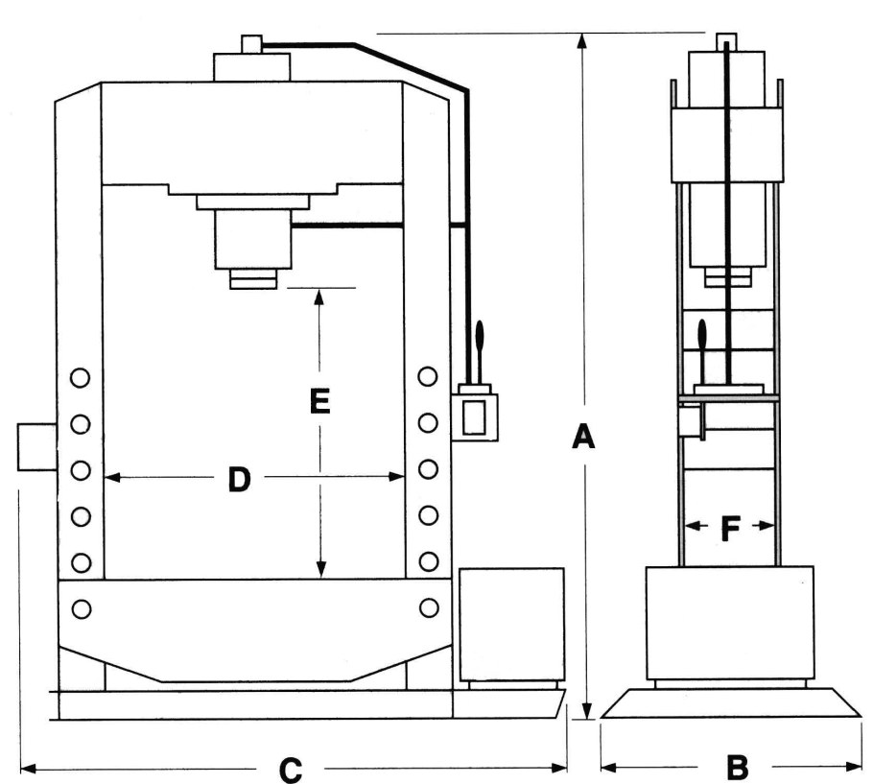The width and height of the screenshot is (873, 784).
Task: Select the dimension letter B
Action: click(x=737, y=767)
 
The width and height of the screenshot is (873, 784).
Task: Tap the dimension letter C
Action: click(x=290, y=769)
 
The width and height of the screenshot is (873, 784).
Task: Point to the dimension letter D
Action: click(x=239, y=478)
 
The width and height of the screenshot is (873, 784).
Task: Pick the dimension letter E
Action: click(x=320, y=401)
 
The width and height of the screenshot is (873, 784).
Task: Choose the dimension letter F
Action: click(x=730, y=527)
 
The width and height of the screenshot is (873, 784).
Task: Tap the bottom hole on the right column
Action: click(x=429, y=560)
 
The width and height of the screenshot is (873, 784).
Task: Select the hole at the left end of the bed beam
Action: click(x=81, y=607)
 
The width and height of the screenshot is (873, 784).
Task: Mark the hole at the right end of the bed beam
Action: click(x=429, y=607)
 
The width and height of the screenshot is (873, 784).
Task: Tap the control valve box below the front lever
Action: click(x=475, y=416)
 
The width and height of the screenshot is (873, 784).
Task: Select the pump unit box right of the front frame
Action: click(x=511, y=624)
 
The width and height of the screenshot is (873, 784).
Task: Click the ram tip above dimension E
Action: click(x=252, y=279)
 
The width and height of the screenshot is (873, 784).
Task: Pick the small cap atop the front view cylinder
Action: click(x=251, y=44)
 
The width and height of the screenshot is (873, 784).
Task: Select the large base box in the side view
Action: click(x=729, y=623)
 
